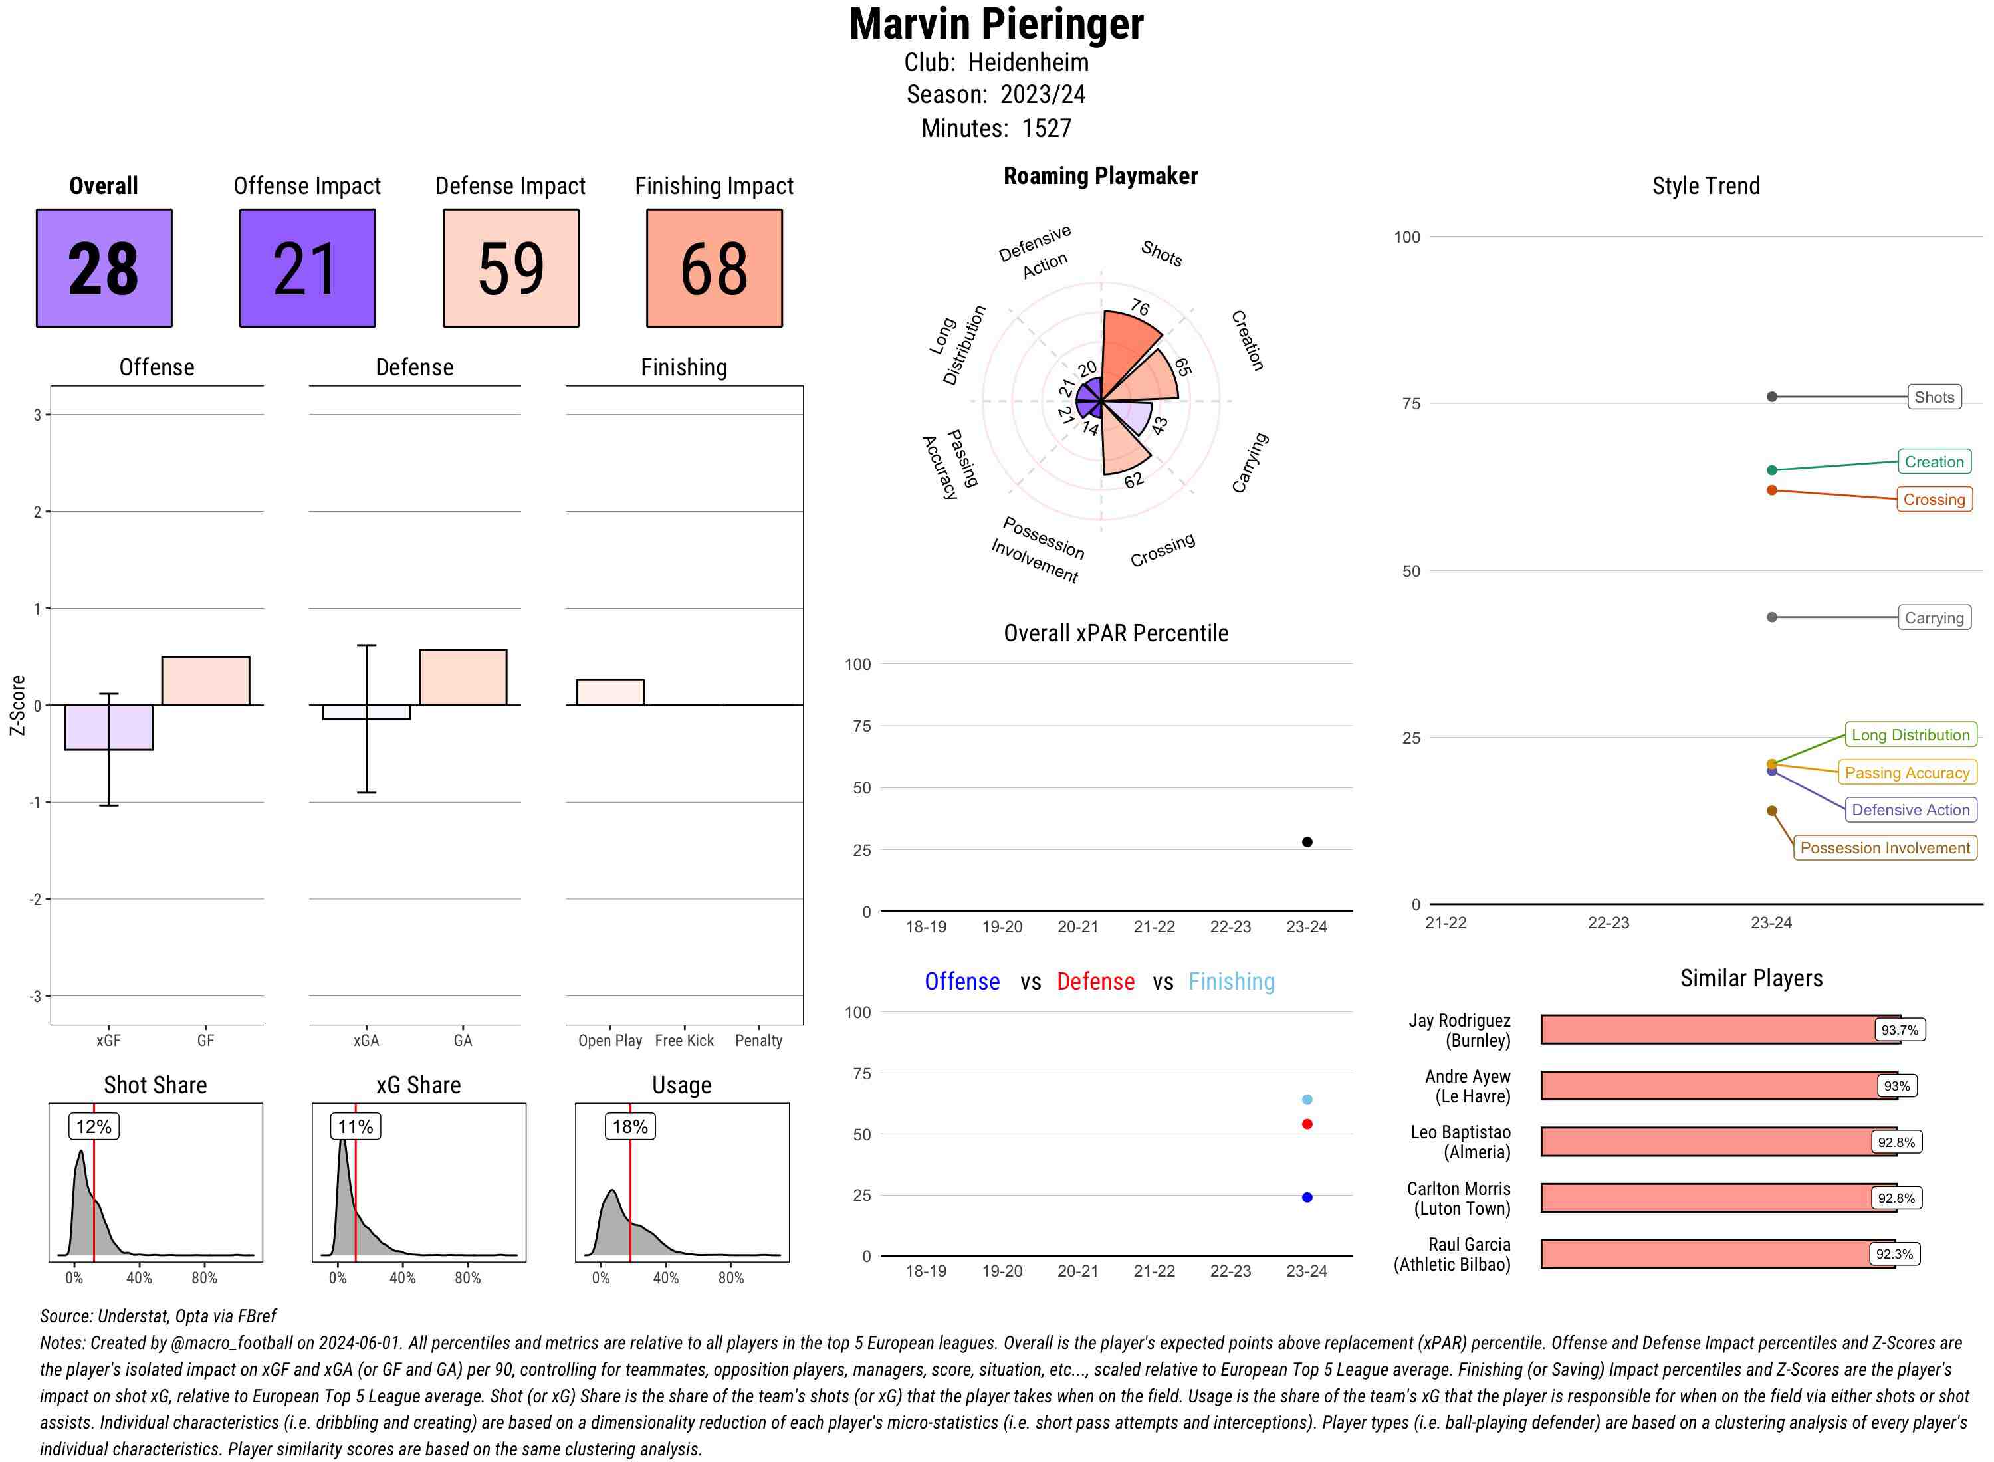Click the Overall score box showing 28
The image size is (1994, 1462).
pos(104,268)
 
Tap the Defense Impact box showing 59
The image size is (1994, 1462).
pos(510,268)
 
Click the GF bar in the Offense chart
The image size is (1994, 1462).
pos(205,680)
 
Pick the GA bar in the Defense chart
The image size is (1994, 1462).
pos(463,677)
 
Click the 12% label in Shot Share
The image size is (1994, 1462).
pos(94,1126)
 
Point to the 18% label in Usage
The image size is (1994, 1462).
pos(630,1126)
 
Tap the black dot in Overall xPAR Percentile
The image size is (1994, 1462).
pos(1306,841)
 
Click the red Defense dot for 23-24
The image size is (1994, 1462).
pos(1306,1124)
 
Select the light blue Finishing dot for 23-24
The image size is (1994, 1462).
pos(1306,1099)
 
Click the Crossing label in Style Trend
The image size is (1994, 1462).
pos(1933,499)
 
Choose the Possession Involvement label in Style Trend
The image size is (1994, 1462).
pos(1884,848)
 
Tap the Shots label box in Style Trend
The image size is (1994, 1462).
pos(1933,397)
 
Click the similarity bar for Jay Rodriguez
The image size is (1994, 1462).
pos(1708,1029)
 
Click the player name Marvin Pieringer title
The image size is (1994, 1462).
pos(996,25)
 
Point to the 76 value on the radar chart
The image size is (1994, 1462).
pos(1139,308)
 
